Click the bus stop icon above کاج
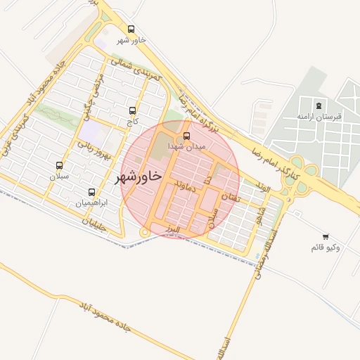click(x=133, y=110)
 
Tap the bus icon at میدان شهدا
click(x=186, y=136)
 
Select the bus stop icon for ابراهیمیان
click(x=92, y=192)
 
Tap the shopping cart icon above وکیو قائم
click(x=325, y=237)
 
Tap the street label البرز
click(x=170, y=229)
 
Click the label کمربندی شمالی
click(x=139, y=69)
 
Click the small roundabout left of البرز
click(x=144, y=231)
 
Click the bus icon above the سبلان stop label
click(x=60, y=165)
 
